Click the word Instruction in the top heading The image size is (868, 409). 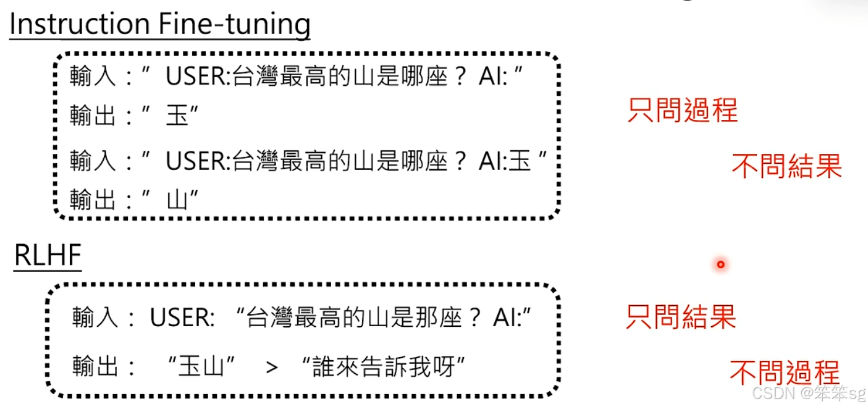click(79, 25)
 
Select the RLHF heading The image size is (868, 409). click(48, 256)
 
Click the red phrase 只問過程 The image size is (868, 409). click(682, 110)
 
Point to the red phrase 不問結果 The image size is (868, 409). click(786, 166)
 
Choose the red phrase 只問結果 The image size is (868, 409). click(681, 316)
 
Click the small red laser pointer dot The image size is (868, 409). click(720, 265)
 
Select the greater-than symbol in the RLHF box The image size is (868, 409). click(272, 367)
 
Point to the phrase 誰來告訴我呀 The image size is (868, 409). click(383, 367)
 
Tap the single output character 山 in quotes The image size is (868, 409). click(177, 200)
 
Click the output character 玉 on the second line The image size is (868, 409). click(177, 116)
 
